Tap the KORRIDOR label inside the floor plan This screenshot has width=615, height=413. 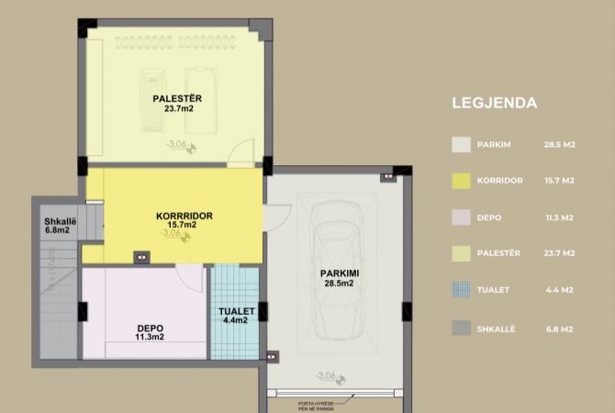click(184, 216)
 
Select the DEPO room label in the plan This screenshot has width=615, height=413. click(151, 327)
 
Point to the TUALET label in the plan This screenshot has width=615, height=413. click(235, 311)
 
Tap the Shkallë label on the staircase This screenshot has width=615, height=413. click(60, 221)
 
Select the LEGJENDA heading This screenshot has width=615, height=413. click(494, 103)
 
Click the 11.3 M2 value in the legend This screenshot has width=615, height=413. click(559, 218)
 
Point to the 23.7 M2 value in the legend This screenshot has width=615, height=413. click(559, 253)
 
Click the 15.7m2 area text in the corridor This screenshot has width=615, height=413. click(184, 225)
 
